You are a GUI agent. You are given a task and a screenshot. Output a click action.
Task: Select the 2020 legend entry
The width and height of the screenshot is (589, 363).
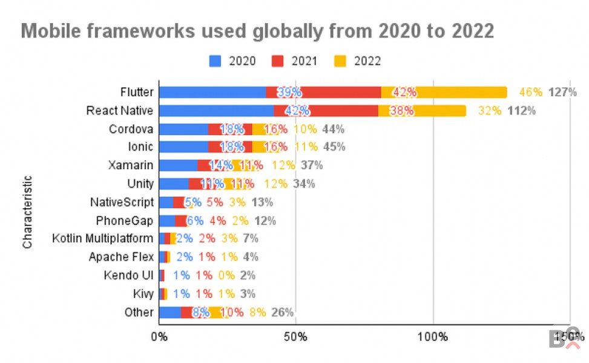tap(233, 60)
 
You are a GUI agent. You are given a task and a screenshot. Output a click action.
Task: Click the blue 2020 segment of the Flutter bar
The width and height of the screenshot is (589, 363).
tap(212, 92)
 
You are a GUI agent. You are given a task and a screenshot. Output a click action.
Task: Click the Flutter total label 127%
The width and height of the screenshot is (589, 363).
tap(562, 93)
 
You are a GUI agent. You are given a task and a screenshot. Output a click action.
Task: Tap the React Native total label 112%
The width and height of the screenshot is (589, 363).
tap(521, 111)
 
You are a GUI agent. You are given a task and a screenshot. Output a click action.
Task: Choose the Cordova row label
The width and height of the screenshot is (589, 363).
tap(131, 129)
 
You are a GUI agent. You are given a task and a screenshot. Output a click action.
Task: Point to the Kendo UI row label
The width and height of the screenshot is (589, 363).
tap(128, 275)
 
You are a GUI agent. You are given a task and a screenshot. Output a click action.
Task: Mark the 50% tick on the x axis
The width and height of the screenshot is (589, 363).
tap(295, 336)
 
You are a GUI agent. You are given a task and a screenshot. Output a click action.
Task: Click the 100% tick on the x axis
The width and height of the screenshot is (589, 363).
tap(433, 336)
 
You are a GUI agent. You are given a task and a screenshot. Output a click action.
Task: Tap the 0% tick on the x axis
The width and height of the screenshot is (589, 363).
tap(159, 336)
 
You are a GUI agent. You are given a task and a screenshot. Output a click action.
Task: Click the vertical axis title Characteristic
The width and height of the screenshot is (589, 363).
tap(27, 212)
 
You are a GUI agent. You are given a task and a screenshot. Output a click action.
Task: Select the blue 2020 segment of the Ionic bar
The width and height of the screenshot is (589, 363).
tap(183, 147)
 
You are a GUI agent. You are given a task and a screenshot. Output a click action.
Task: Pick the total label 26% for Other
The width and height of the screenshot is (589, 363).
tap(282, 312)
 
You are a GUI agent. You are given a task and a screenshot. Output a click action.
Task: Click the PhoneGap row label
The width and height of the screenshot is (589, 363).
tap(125, 220)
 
